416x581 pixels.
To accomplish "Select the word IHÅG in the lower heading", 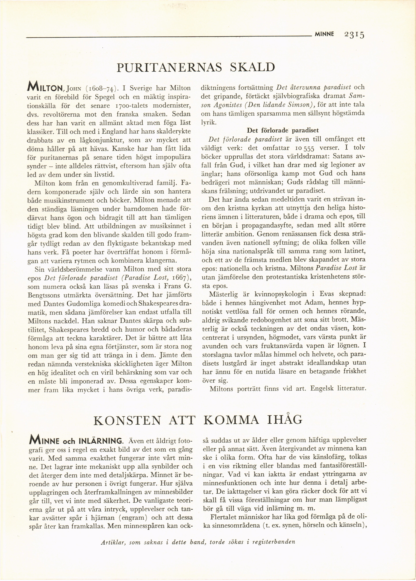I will (285, 420).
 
